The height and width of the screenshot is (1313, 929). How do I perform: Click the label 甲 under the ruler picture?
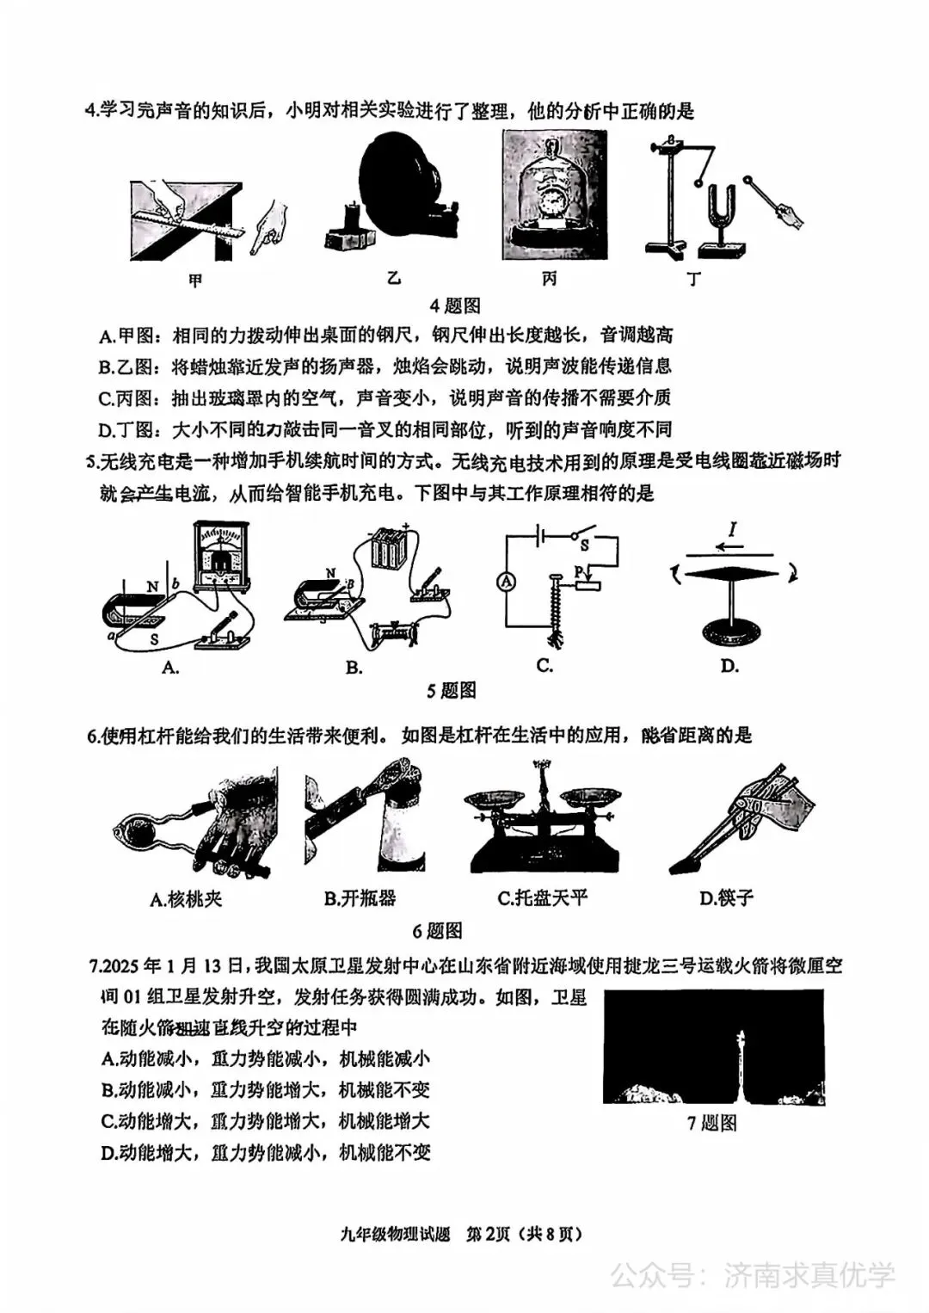(x=195, y=280)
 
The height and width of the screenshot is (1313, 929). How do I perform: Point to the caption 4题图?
(x=455, y=305)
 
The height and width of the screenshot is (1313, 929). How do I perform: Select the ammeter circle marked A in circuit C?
(x=507, y=583)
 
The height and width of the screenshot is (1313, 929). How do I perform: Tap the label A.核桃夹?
(x=186, y=899)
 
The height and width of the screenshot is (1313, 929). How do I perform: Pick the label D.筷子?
(x=727, y=898)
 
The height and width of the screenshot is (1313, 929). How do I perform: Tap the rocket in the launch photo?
(x=738, y=1058)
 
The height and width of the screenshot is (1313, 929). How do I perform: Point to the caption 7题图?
(x=711, y=1123)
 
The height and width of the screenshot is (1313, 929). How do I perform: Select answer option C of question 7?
(x=265, y=1121)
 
